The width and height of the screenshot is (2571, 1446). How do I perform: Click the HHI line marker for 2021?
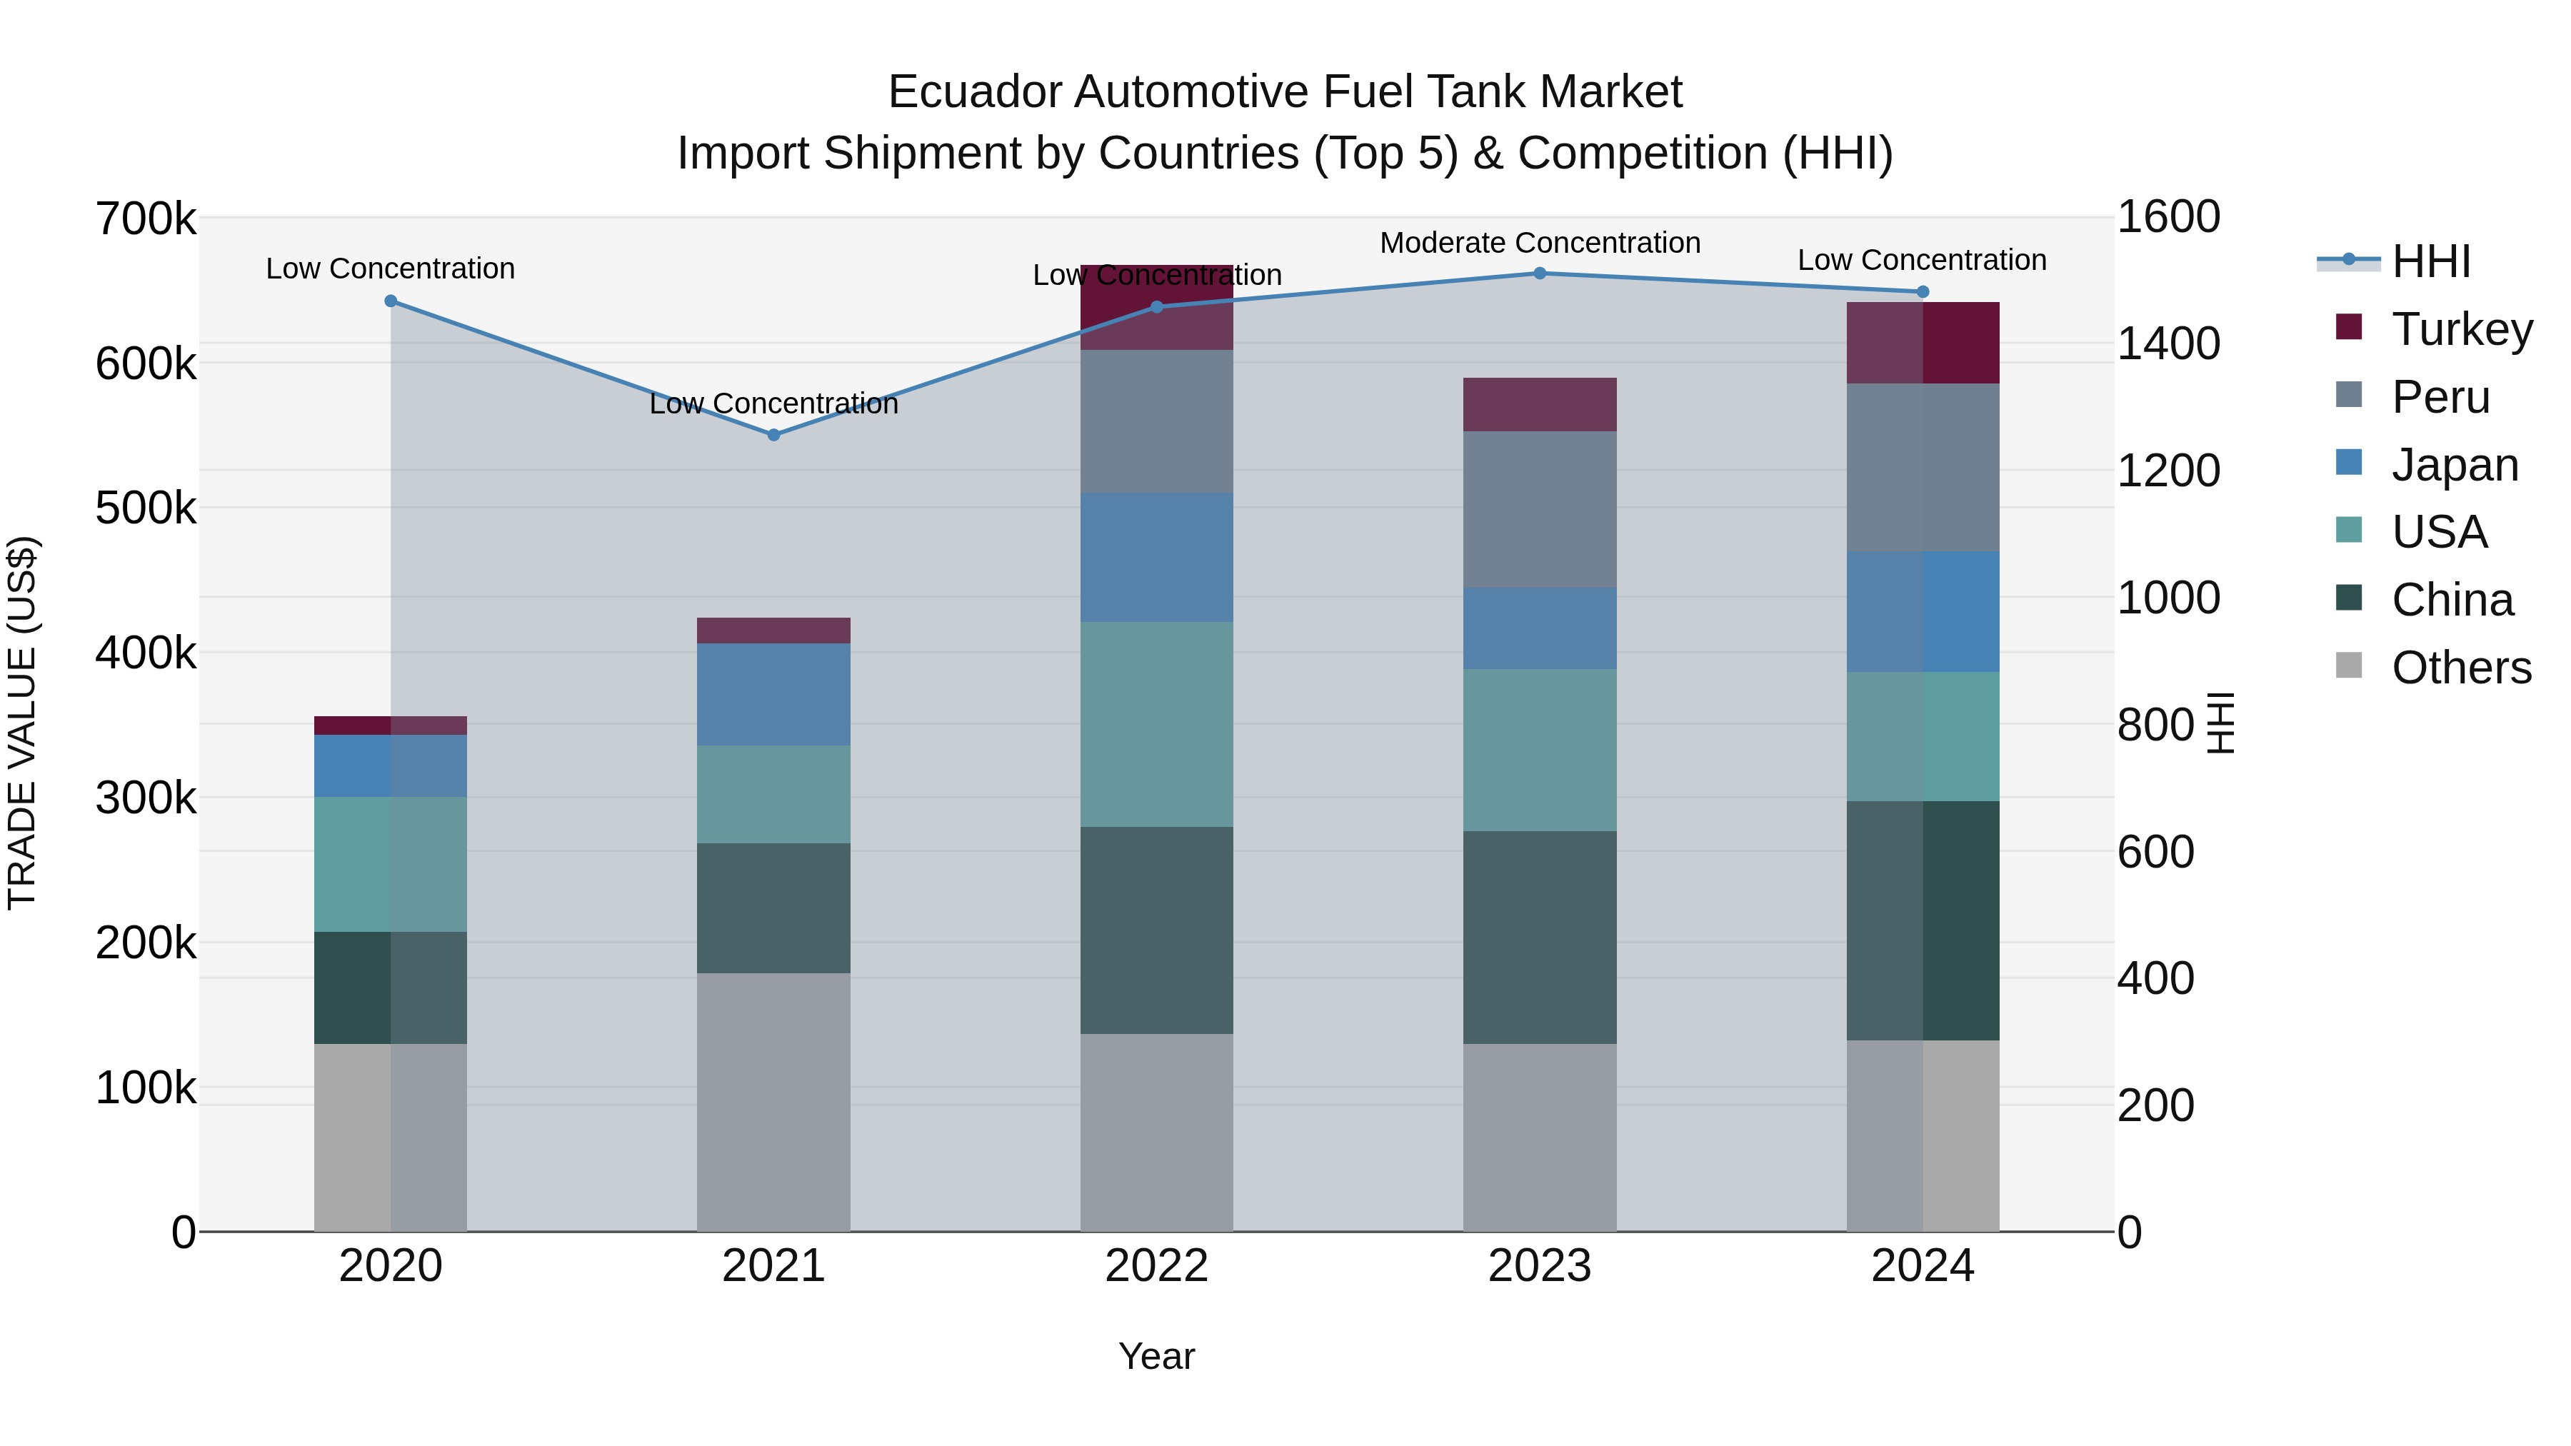[773, 435]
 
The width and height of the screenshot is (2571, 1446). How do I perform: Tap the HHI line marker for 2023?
[1539, 273]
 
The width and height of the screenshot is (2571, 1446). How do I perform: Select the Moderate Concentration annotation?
[1539, 243]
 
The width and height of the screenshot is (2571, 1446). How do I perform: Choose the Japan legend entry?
[2454, 465]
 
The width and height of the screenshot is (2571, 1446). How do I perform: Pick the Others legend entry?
[2460, 668]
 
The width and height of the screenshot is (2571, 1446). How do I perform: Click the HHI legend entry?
[2430, 261]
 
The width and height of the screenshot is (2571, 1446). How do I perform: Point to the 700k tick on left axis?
[146, 219]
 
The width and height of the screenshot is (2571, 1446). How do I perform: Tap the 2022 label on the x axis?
[1157, 1266]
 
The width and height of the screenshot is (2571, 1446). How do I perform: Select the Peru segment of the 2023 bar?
[1539, 509]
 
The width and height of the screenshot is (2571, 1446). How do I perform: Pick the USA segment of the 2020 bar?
[390, 863]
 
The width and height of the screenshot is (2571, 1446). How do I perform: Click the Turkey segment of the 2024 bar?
[1923, 342]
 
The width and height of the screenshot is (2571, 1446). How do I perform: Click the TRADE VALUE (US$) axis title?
[22, 723]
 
